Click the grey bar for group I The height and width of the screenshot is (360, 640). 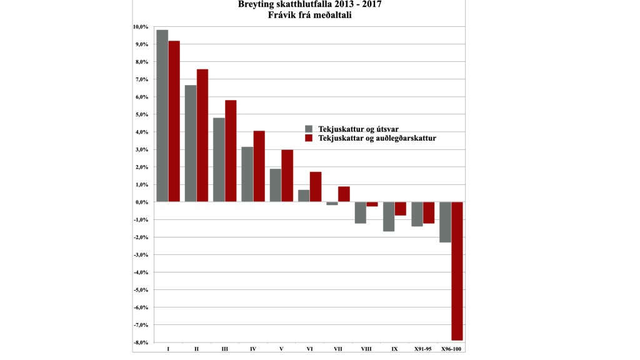[162, 116]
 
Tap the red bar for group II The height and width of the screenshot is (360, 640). [202, 135]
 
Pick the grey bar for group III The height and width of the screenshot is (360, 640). [219, 159]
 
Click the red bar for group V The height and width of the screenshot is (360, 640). [287, 176]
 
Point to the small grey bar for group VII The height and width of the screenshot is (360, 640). [332, 204]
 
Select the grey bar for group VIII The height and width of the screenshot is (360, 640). [360, 212]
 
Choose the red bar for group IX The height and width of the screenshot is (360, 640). [400, 209]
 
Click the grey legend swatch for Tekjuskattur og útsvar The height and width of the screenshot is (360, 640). [308, 129]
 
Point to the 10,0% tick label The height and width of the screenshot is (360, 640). [139, 27]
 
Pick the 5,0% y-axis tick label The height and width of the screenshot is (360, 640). [139, 114]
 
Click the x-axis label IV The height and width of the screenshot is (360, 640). [252, 349]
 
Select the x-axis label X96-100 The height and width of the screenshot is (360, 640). [451, 349]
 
